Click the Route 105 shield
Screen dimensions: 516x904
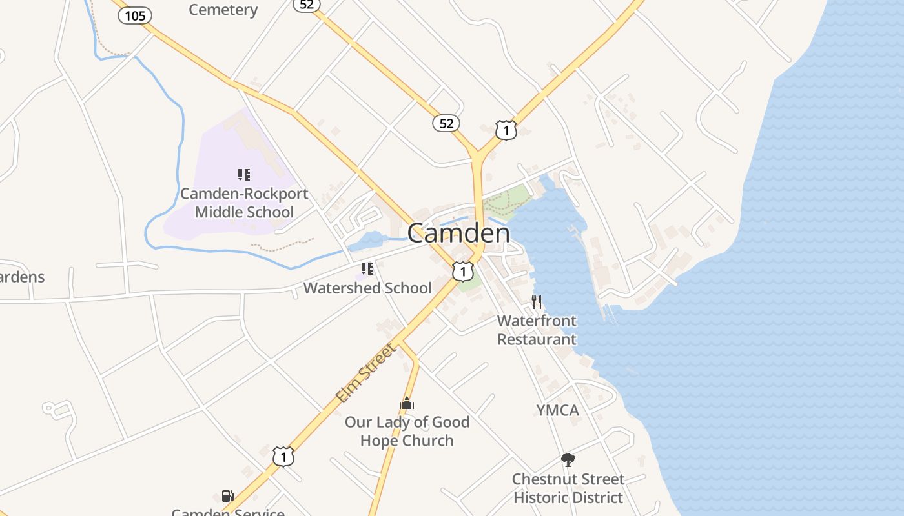(x=135, y=15)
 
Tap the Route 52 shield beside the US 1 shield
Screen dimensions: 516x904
(x=446, y=123)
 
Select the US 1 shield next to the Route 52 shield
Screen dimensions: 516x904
(x=506, y=130)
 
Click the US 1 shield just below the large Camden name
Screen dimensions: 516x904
(x=462, y=271)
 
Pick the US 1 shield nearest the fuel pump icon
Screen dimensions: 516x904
(x=283, y=456)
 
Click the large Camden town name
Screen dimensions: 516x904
(x=458, y=233)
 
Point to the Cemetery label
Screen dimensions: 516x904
(x=223, y=10)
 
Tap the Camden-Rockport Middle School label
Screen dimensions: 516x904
(x=244, y=203)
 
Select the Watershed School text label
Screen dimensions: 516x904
(x=367, y=288)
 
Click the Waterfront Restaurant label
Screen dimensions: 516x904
(x=537, y=330)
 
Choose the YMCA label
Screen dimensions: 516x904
(x=558, y=410)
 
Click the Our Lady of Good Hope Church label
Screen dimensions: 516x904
(x=407, y=431)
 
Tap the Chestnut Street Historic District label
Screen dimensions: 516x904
(x=568, y=488)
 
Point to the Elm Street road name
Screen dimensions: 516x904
(x=365, y=373)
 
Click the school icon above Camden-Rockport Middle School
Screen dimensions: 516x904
(x=243, y=174)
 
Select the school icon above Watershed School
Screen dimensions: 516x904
(x=367, y=268)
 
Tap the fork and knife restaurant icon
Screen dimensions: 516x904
(x=537, y=301)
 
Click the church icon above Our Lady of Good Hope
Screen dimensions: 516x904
(x=407, y=404)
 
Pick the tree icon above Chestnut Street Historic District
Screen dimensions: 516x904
(x=568, y=460)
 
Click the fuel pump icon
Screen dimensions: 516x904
(x=227, y=495)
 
